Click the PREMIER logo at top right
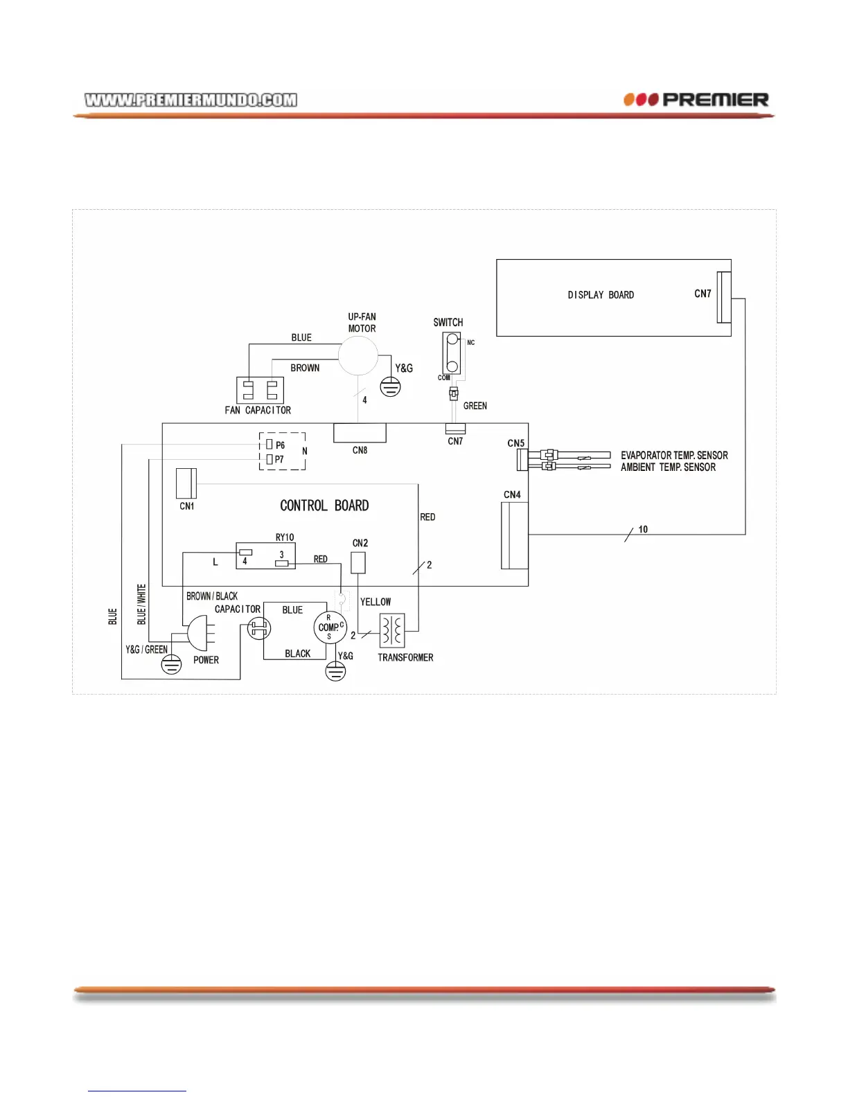[696, 100]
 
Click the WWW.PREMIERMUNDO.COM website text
[191, 100]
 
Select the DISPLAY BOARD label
[601, 295]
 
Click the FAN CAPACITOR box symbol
[260, 390]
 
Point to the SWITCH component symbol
[452, 353]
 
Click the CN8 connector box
[360, 433]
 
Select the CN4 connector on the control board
[514, 535]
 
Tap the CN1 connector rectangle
[186, 483]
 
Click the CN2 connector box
[358, 562]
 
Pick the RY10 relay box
[265, 555]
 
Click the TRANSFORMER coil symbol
[392, 630]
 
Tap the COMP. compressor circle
[330, 627]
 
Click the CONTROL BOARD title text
[324, 506]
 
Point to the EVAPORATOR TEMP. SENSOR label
[674, 456]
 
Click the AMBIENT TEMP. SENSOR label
[668, 467]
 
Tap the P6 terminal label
[280, 445]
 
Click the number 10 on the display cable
[643, 530]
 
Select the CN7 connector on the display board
[723, 297]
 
